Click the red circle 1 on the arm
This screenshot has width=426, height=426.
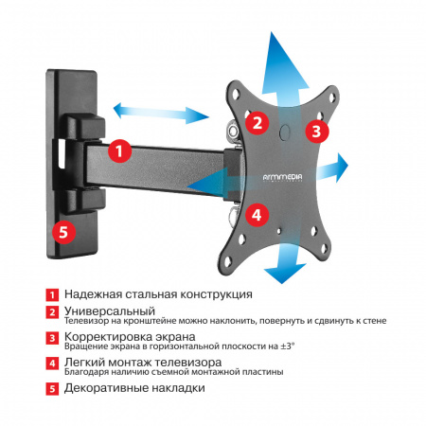[x=117, y=150]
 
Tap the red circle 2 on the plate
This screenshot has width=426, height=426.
[x=256, y=122]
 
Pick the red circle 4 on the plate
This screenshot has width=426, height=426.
[x=255, y=214]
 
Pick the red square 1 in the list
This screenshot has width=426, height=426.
[x=55, y=295]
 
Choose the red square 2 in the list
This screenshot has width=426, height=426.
[x=55, y=311]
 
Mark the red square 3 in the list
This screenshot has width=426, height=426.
[x=55, y=337]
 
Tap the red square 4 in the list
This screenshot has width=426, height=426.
[x=55, y=363]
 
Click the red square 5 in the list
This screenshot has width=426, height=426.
[x=55, y=388]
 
